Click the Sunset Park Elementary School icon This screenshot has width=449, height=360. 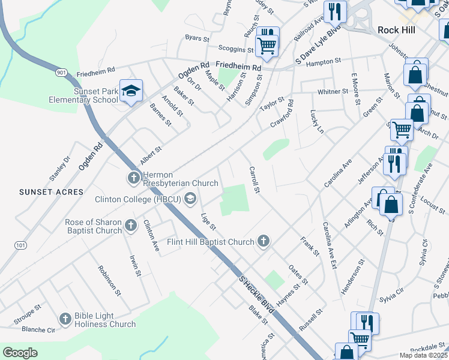[131, 91]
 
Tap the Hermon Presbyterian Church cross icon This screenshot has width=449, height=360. [133, 178]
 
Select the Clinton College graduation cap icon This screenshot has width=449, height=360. [190, 199]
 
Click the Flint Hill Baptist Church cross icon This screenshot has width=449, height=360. [262, 241]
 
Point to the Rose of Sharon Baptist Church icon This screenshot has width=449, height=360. [131, 226]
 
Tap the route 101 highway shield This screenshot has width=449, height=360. [21, 245]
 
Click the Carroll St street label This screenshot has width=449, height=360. [254, 179]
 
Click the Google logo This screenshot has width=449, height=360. [20, 353]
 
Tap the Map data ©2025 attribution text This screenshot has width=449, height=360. [424, 355]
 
